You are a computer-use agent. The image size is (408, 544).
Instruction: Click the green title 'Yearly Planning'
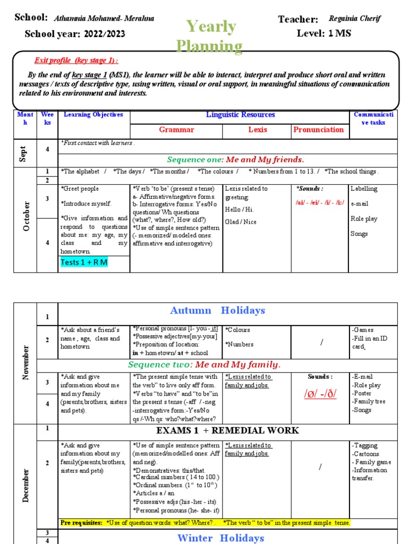point(212,36)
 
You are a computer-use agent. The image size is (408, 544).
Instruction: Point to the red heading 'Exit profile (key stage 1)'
point(76,60)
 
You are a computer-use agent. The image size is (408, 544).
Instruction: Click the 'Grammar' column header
point(176,130)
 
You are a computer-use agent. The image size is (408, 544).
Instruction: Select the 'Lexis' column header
point(257,130)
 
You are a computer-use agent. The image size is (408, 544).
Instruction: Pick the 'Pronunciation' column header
point(319,130)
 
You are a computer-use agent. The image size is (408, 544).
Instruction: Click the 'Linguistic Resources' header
point(240,115)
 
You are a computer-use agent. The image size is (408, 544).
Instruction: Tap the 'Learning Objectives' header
point(93,115)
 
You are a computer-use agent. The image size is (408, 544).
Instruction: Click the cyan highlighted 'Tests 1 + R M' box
point(84,263)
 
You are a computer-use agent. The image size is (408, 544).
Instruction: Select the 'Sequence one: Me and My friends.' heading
point(235,159)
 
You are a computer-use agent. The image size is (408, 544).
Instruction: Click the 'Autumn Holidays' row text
point(217,310)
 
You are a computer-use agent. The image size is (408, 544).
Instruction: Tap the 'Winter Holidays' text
point(220,538)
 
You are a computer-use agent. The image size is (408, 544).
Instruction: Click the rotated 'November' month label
point(25,362)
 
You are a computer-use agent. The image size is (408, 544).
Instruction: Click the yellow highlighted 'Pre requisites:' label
point(81,523)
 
